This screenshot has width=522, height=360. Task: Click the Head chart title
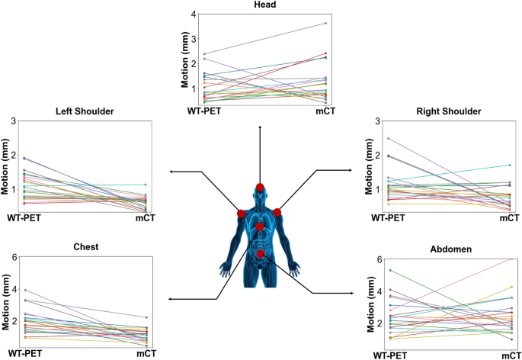coord(260,5)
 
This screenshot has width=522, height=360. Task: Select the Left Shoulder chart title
coord(85,111)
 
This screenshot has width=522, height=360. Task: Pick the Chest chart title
coord(85,247)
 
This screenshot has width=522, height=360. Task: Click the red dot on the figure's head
coord(260,188)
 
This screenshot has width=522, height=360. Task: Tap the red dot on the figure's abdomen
coord(261,253)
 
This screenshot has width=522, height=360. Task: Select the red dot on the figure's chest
coord(260,227)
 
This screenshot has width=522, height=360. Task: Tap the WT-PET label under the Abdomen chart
coord(389,355)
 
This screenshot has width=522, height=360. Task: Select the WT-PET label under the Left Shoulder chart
coord(24,219)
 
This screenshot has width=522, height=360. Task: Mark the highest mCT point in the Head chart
coord(325,23)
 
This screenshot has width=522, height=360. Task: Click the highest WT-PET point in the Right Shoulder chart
coord(389,138)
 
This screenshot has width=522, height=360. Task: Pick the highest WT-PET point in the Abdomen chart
coord(390,270)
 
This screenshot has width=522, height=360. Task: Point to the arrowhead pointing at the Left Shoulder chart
coord(171,172)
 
